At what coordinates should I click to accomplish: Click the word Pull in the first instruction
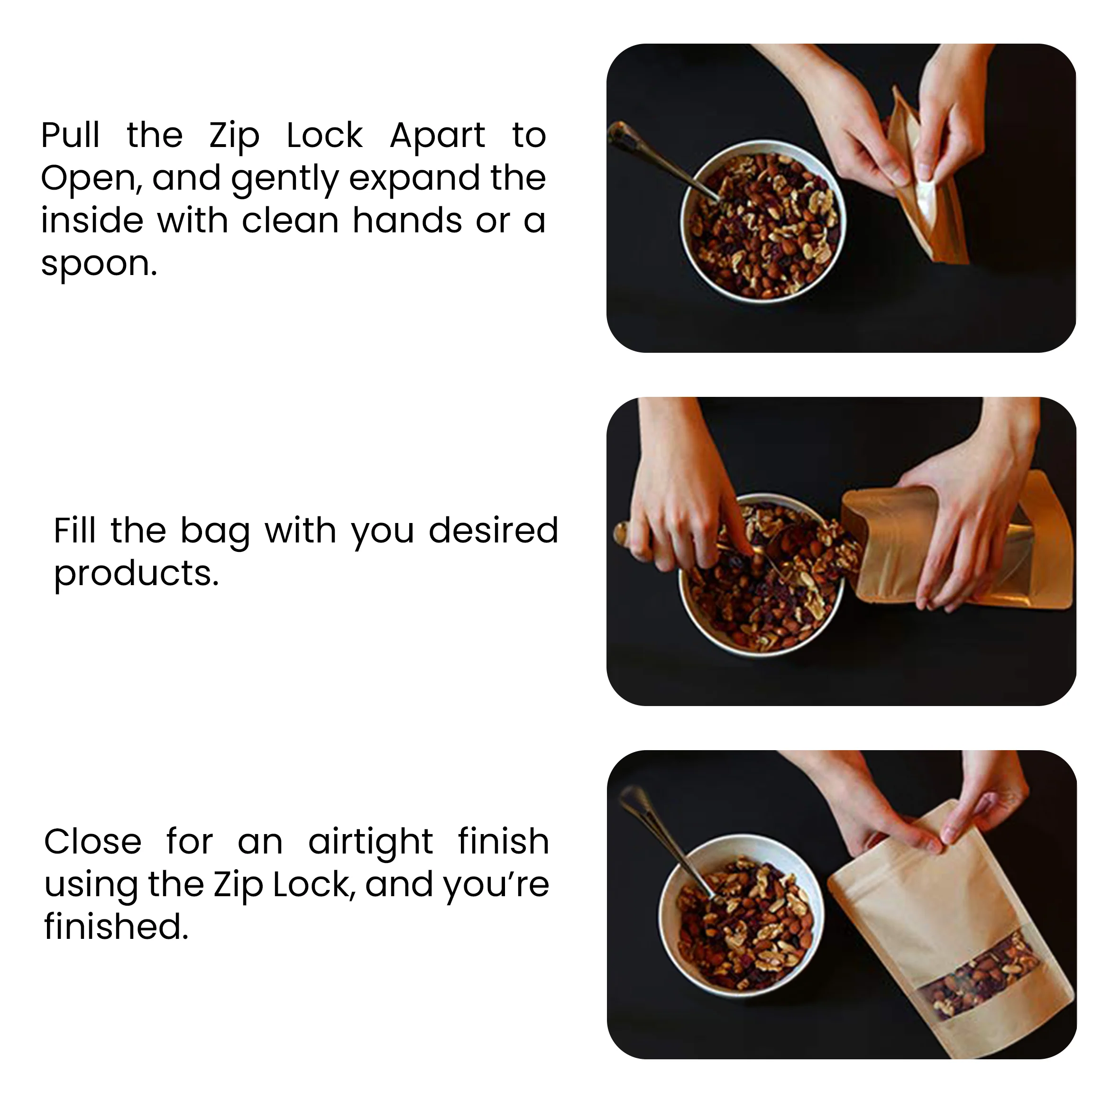pyautogui.click(x=70, y=136)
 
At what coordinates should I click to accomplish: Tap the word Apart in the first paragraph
pyautogui.click(x=437, y=136)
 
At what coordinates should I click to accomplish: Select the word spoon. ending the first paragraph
pyautogui.click(x=99, y=264)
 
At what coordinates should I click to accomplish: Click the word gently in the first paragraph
pyautogui.click(x=285, y=179)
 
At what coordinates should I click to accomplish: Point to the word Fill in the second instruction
pyautogui.click(x=74, y=531)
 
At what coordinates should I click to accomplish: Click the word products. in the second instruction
pyautogui.click(x=136, y=574)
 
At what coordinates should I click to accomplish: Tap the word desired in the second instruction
pyautogui.click(x=493, y=531)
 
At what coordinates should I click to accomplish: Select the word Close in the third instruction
pyautogui.click(x=93, y=842)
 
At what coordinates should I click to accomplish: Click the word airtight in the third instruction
pyautogui.click(x=370, y=842)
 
